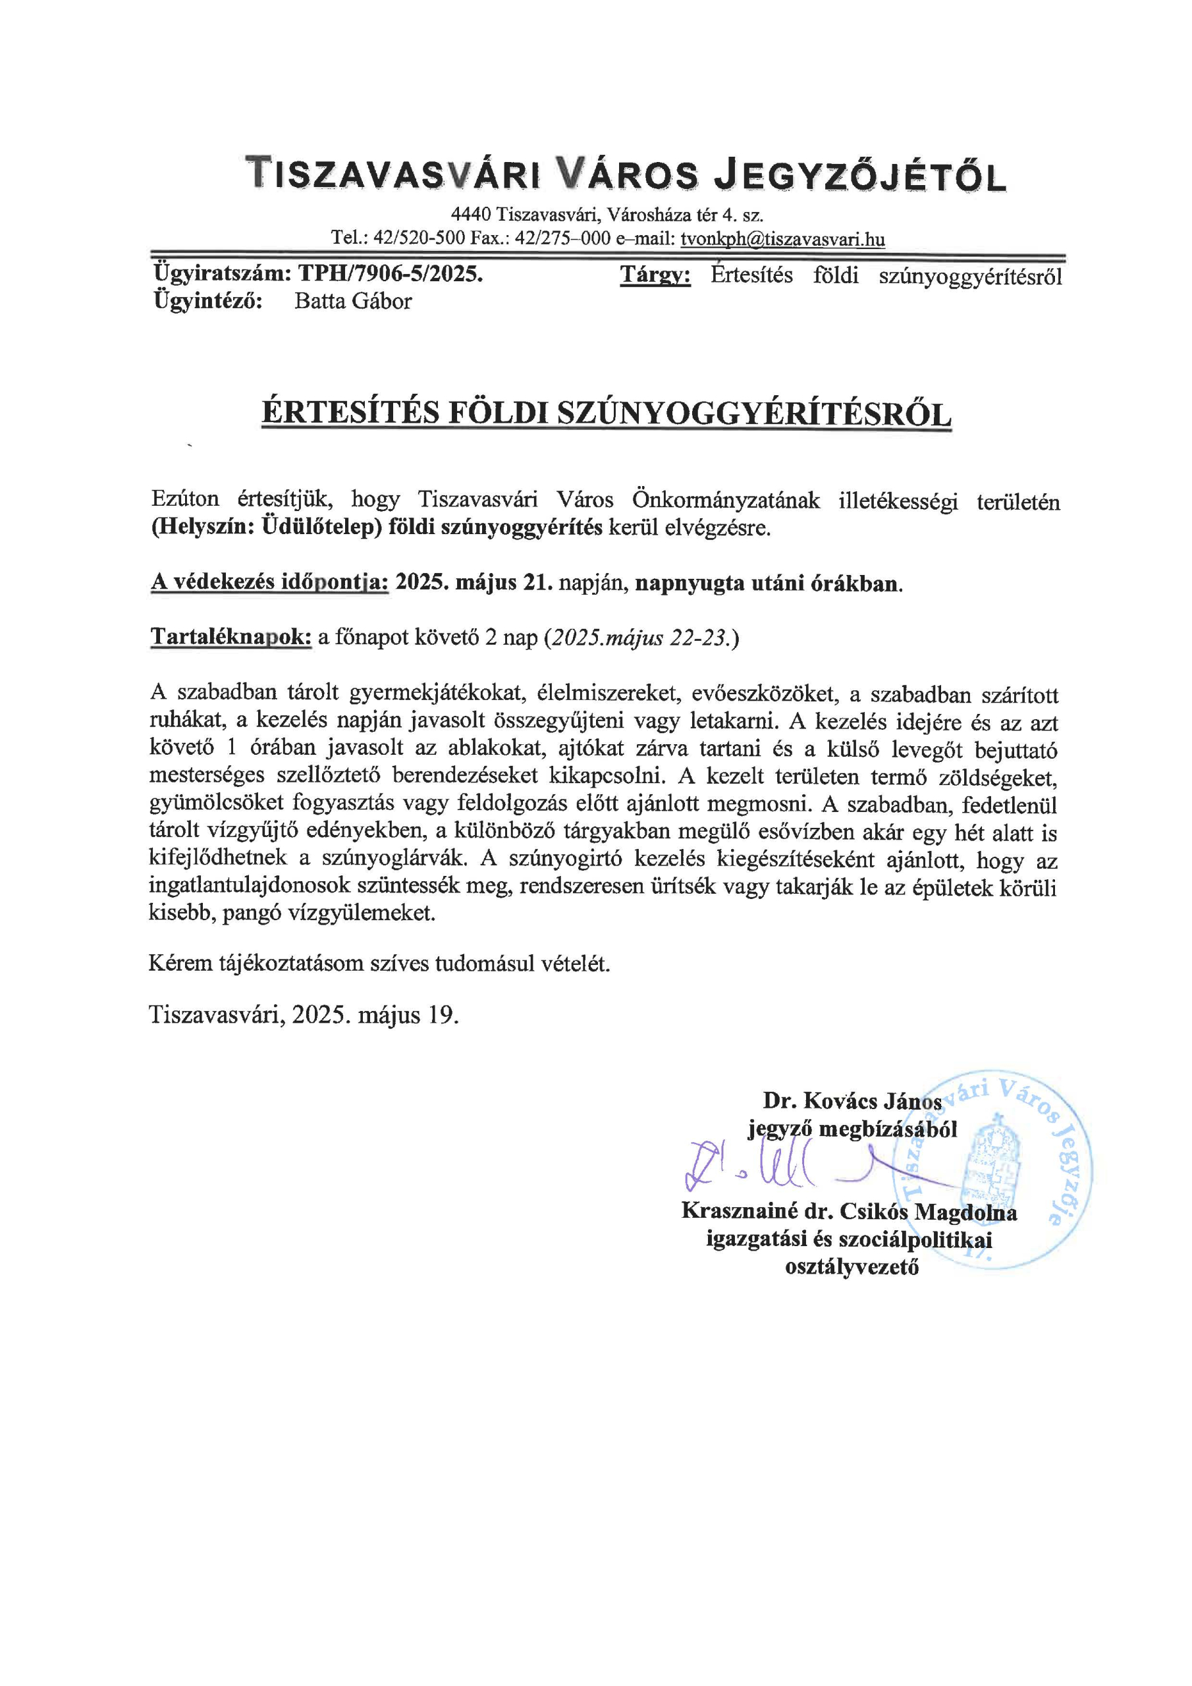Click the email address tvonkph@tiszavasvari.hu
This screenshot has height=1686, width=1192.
[x=782, y=238]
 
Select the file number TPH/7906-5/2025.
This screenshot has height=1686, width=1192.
[x=390, y=274]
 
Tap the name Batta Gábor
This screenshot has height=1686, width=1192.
[x=352, y=301]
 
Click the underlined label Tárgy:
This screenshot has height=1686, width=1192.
[x=655, y=275]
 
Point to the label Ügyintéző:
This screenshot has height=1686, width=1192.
[x=209, y=301]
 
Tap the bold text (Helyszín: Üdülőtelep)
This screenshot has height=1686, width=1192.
[x=267, y=528]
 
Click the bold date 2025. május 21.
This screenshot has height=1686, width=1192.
[x=474, y=583]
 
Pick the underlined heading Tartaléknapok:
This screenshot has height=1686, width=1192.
[x=231, y=637]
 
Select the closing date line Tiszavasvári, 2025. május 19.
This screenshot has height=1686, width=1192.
[x=304, y=1015]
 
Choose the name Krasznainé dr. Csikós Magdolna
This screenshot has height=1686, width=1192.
[x=849, y=1211]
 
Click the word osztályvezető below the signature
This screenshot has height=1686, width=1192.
[x=852, y=1266]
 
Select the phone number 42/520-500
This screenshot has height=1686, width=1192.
[x=420, y=238]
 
